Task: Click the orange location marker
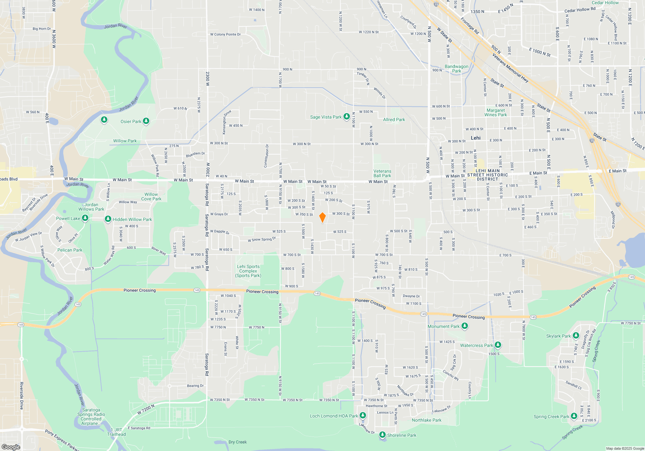pos(322,217)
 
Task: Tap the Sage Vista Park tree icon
pos(346,117)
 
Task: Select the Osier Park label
pos(131,121)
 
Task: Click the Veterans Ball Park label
pos(382,174)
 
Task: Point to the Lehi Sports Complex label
pos(248,271)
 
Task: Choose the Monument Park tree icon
pos(465,326)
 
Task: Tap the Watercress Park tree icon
pos(498,345)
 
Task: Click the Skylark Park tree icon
pos(576,336)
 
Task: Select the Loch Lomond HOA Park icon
pos(363,416)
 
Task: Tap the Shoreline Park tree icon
pos(382,435)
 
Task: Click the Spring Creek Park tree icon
pos(574,416)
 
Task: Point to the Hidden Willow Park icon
pos(108,219)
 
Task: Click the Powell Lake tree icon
pos(85,218)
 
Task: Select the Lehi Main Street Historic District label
pos(488,175)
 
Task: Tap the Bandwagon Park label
pos(456,69)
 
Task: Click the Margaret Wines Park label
pos(496,112)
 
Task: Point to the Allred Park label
pos(394,120)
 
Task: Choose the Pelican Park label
pos(70,250)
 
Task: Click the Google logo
pos(11,447)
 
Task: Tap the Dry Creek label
pos(237,442)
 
